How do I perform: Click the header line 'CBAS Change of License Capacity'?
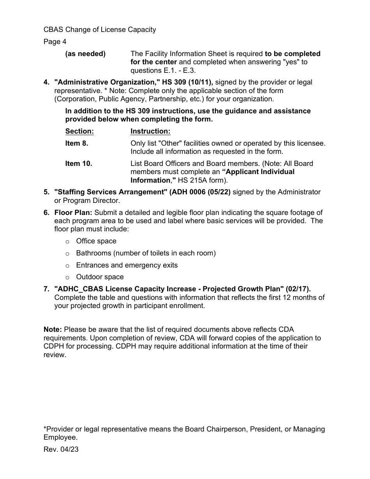pyautogui.click(x=100, y=30)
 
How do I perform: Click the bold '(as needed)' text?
pyautogui.click(x=85, y=54)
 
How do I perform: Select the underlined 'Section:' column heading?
pyautogui.click(x=79, y=131)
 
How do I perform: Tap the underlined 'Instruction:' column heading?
pyautogui.click(x=150, y=131)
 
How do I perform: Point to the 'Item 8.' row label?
pyautogui.click(x=77, y=143)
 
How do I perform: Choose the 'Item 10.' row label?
pyautogui.click(x=79, y=164)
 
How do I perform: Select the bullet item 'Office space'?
pyautogui.click(x=96, y=241)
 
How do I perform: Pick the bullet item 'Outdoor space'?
pyautogui.click(x=100, y=277)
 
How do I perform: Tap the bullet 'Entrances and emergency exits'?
pyautogui.click(x=127, y=265)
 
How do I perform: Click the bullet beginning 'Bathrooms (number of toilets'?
pyautogui.click(x=146, y=253)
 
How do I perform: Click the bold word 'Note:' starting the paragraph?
pyautogui.click(x=53, y=330)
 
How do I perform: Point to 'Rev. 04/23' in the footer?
pyautogui.click(x=61, y=449)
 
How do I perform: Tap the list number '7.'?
pyautogui.click(x=46, y=289)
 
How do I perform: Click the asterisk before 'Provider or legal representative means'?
pyautogui.click(x=45, y=429)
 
